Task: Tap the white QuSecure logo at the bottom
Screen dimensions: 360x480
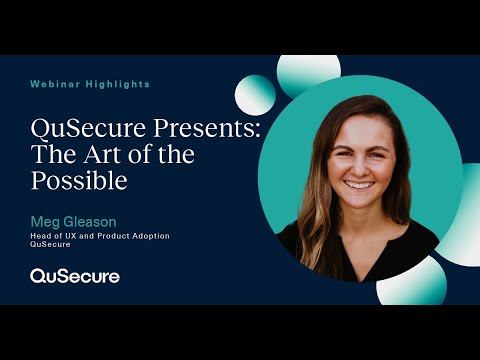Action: click(75, 275)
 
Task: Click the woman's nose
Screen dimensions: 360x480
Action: click(358, 166)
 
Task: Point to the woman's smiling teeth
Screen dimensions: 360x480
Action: click(359, 185)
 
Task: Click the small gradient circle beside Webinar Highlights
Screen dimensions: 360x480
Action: click(255, 95)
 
